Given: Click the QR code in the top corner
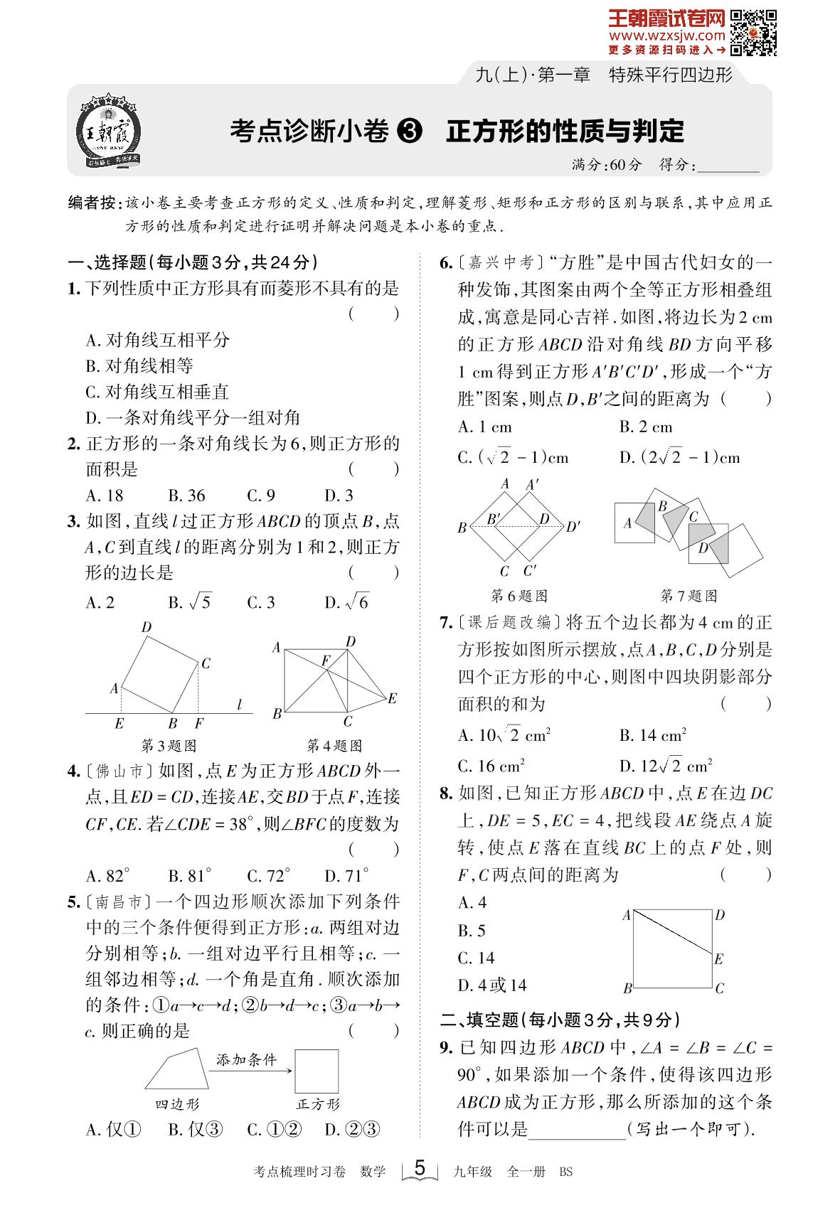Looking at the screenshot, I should pos(753,32).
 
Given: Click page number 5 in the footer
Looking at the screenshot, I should pos(420,1167).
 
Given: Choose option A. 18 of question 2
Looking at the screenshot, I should pos(105,496).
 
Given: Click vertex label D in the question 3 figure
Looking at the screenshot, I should pos(147,627).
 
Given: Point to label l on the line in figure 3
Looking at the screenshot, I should pos(240,705).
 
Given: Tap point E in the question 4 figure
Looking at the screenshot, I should pos(392,698).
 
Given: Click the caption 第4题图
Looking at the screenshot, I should pos(334,746).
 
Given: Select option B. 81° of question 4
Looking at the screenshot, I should pos(190,875).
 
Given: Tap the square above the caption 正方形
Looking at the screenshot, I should pos(317,1071).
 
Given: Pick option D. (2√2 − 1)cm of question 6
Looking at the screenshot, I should pos(679,457).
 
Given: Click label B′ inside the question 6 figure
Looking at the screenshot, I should pos(494,520).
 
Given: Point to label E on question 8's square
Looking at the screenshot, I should pos(718,959).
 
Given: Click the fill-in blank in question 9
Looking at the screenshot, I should pos(577,1130).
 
